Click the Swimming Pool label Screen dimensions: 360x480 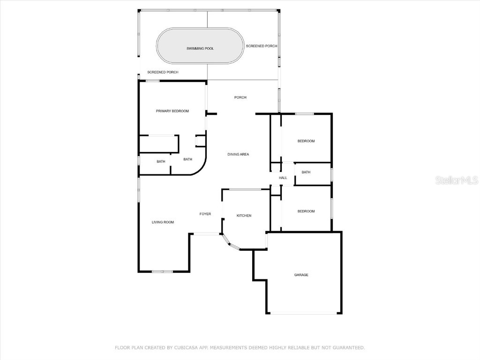[200, 48]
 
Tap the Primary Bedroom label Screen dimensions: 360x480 [172, 111]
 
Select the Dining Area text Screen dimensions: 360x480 [238, 154]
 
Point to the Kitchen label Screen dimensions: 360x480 [244, 216]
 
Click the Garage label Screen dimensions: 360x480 [301, 275]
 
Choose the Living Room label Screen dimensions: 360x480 [163, 222]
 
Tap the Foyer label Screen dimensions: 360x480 [205, 214]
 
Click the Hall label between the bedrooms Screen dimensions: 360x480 [283, 178]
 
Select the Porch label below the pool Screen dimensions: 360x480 [240, 97]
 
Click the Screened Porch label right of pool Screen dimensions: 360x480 [262, 46]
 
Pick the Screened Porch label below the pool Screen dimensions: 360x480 [163, 72]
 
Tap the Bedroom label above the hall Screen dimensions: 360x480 [306, 141]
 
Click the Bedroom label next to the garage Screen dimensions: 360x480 [306, 211]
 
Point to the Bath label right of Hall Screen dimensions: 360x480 [306, 172]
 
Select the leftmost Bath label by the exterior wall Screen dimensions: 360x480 [161, 162]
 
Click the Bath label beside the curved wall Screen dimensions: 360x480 [187, 159]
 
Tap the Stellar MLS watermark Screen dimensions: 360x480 [457, 180]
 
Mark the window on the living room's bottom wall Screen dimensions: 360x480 [162, 271]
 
